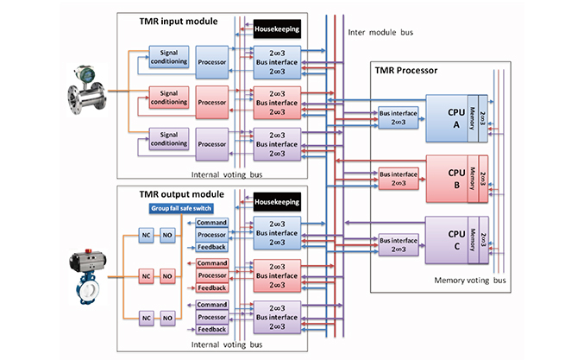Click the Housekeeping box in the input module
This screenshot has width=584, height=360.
(278, 30)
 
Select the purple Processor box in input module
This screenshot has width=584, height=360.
(212, 139)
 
